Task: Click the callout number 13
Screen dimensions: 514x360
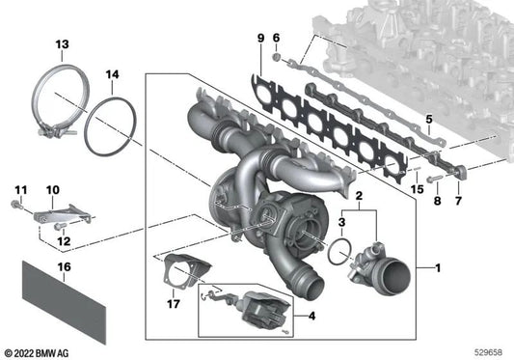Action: click(63, 44)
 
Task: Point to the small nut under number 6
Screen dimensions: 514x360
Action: click(277, 58)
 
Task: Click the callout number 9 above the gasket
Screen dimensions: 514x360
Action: click(260, 38)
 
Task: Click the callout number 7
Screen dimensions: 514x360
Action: click(458, 200)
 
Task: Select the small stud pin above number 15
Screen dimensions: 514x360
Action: click(417, 169)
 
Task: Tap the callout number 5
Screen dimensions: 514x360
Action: click(429, 119)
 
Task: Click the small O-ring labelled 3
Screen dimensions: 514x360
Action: click(329, 251)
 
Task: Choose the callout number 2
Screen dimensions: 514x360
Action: click(359, 196)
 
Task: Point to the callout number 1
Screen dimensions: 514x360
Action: click(438, 268)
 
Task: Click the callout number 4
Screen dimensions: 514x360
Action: click(311, 316)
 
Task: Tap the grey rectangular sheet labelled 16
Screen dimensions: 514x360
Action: click(64, 302)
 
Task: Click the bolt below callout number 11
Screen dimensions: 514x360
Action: click(15, 205)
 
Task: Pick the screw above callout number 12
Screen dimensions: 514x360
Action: click(60, 226)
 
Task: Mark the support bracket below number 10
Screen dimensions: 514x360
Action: click(63, 213)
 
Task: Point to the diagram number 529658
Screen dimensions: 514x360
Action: click(488, 352)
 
